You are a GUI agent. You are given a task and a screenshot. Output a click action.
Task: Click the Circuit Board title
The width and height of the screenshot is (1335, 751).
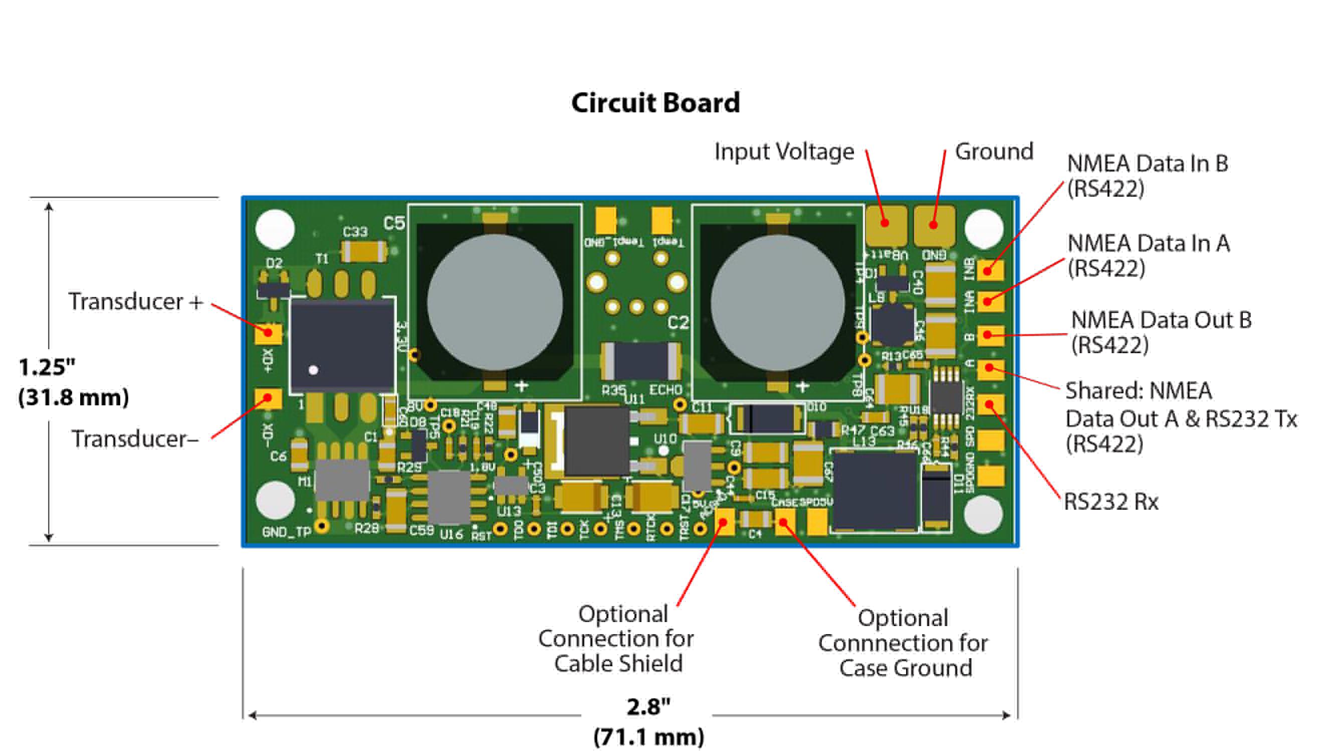(655, 103)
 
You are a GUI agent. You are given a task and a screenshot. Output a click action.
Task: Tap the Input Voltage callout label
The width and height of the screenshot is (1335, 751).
(784, 152)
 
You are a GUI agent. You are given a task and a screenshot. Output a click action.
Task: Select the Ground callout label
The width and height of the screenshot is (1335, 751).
(993, 152)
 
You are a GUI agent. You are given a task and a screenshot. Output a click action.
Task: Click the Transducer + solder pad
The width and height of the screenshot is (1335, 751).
(268, 333)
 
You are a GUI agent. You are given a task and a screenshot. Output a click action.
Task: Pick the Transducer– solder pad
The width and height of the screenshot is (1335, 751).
(268, 398)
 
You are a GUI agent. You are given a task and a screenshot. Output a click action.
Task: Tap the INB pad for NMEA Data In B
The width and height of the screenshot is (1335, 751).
(989, 270)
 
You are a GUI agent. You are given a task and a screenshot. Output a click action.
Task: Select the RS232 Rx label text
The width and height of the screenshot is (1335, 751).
(1110, 502)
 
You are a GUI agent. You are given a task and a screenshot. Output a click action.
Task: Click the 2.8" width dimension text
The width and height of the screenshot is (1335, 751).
(648, 706)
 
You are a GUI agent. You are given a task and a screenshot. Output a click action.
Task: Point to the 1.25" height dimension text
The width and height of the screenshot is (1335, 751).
(47, 367)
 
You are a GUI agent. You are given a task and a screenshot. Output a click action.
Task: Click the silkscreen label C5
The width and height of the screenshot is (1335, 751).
(394, 224)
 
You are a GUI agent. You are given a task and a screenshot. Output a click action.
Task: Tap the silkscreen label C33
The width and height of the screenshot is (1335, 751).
(355, 232)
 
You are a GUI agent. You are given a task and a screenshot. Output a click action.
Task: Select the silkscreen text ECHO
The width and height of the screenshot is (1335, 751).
(665, 390)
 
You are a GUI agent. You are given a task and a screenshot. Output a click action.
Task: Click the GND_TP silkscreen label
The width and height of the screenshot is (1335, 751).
(287, 532)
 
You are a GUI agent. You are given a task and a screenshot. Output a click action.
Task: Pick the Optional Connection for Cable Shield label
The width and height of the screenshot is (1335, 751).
(617, 639)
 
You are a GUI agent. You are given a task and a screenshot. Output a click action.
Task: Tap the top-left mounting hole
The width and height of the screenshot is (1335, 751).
(275, 229)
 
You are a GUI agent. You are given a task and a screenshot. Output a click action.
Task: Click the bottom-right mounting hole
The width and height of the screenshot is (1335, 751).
(984, 514)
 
